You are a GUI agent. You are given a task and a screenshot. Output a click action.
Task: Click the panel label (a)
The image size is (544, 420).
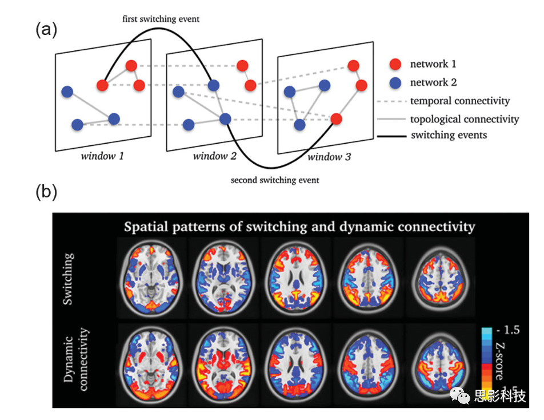point(46,30)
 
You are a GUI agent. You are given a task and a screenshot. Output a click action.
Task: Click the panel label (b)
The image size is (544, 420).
point(46,192)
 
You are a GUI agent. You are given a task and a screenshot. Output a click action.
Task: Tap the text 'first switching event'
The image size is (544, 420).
point(161,19)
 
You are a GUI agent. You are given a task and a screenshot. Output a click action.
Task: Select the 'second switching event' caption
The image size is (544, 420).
point(275,180)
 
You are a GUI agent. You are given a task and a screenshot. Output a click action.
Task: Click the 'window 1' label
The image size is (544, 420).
point(102,156)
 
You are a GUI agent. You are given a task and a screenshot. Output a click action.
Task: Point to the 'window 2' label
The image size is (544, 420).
point(214,156)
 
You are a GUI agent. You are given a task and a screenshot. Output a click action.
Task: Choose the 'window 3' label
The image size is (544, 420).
point(329,157)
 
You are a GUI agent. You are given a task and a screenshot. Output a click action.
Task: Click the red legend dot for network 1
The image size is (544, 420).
point(395,64)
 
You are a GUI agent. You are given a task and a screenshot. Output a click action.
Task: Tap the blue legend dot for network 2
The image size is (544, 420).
point(395,82)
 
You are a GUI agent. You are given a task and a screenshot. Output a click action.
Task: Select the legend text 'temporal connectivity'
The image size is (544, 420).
point(460,101)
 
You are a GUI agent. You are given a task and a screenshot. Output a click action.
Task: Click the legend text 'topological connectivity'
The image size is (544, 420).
point(465,119)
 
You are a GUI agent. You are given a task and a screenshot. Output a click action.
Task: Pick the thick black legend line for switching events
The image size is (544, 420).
point(391,136)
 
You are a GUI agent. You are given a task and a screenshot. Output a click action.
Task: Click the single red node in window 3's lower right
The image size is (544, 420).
point(336,119)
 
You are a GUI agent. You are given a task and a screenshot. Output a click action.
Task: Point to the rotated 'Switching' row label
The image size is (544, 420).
point(68,279)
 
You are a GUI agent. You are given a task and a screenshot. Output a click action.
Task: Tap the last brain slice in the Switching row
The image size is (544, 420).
point(440,277)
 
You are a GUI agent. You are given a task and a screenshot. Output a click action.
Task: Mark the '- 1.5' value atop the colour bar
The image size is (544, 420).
point(508,330)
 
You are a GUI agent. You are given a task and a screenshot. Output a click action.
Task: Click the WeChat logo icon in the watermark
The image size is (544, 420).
point(460,395)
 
